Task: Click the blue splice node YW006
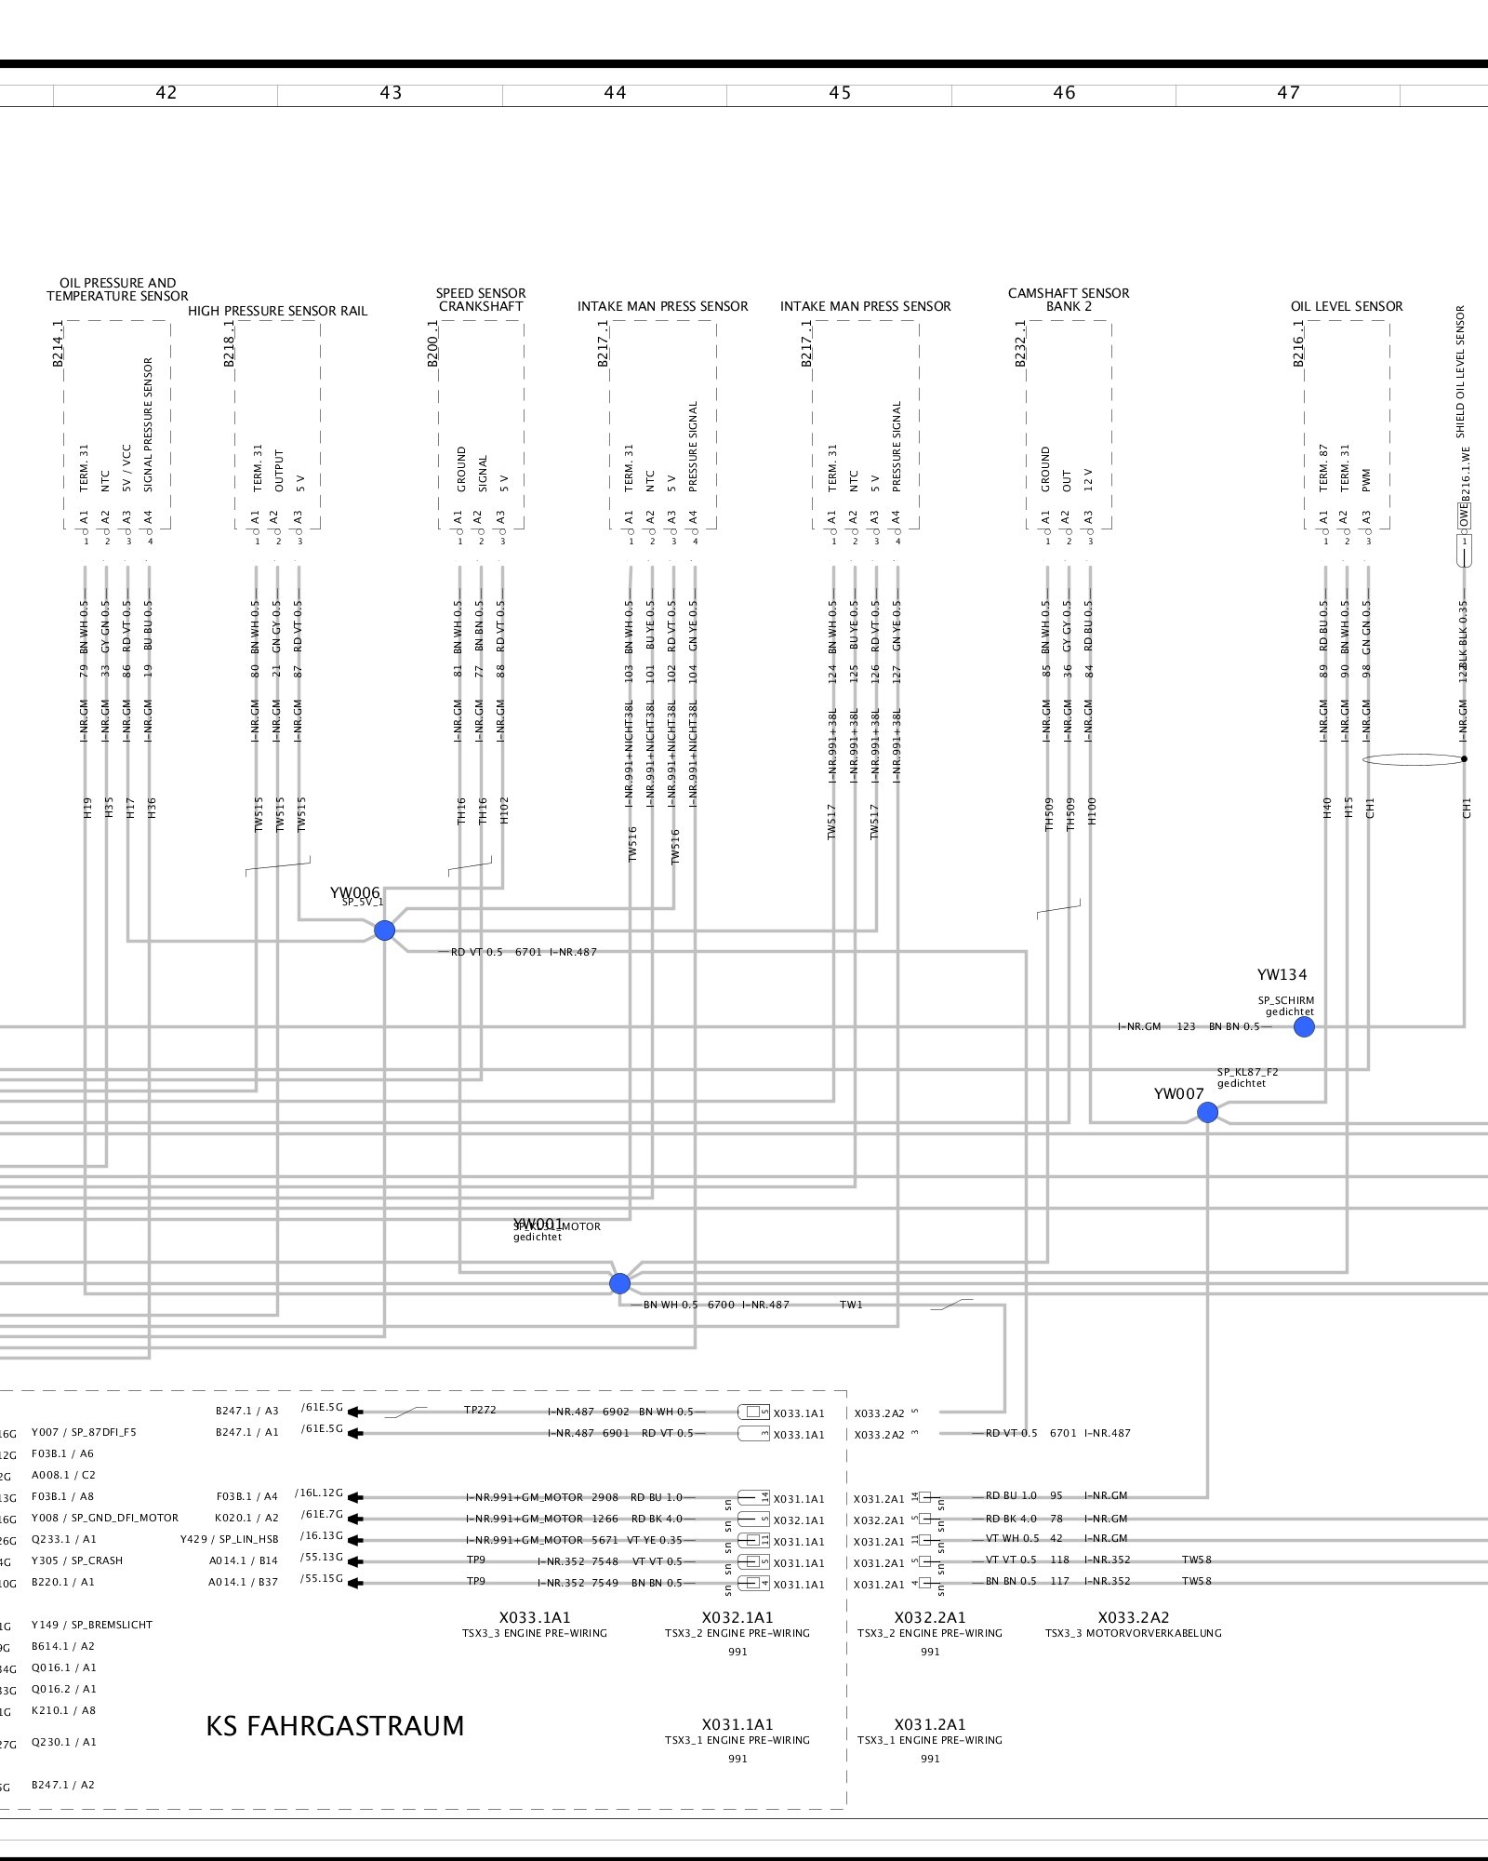(384, 930)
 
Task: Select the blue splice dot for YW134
(1304, 1027)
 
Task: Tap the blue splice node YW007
(1207, 1112)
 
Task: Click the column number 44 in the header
(615, 93)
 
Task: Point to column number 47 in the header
(1288, 93)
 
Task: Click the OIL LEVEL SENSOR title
(1346, 306)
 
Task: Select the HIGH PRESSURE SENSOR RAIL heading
(277, 311)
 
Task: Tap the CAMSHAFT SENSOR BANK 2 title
(1069, 300)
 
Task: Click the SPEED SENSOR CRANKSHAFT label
(481, 300)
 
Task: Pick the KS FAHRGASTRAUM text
(335, 1726)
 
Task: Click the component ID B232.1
(1021, 344)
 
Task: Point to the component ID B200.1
(432, 344)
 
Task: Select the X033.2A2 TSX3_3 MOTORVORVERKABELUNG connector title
(1133, 1625)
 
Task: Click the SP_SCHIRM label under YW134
(1286, 1001)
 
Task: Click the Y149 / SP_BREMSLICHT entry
(91, 1625)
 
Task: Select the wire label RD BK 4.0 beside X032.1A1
(657, 1519)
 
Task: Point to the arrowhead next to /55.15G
(355, 1583)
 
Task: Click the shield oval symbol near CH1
(1413, 759)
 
